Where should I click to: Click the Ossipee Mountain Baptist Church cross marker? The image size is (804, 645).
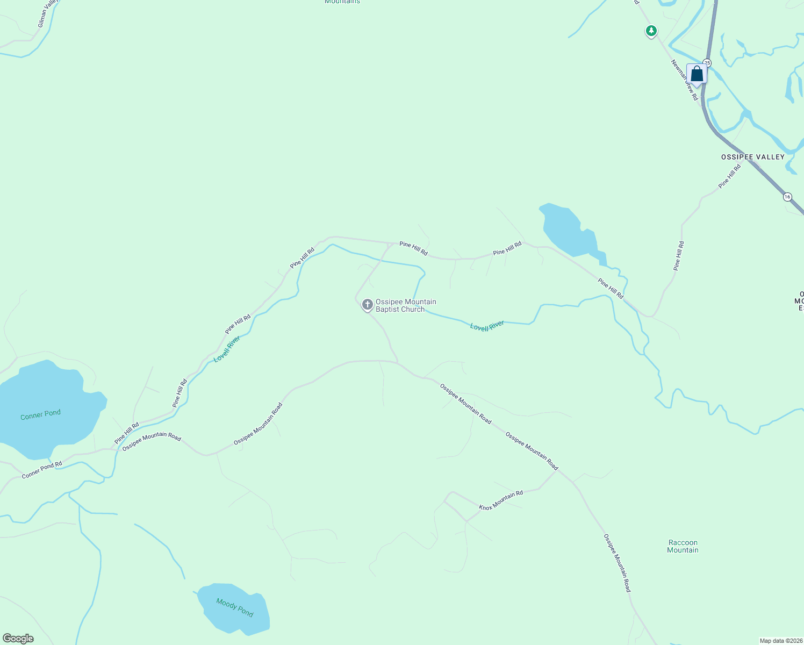(367, 305)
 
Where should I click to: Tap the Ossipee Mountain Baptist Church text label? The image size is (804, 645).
(406, 305)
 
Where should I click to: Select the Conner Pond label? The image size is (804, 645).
(40, 414)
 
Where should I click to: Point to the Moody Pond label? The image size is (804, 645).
(234, 607)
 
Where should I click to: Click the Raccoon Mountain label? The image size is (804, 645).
(683, 546)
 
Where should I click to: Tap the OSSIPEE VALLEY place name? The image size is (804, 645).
(752, 157)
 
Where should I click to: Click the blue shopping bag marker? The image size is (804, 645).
(697, 74)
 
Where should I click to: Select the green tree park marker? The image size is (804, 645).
(651, 31)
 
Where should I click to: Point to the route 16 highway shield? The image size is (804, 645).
(787, 197)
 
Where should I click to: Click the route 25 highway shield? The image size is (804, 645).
(707, 63)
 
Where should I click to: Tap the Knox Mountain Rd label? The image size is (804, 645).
(501, 500)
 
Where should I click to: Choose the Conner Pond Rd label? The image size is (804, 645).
(42, 470)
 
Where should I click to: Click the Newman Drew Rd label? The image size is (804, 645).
(684, 80)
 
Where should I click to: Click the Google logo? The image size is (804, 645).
(18, 639)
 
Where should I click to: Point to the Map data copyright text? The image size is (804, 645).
(780, 641)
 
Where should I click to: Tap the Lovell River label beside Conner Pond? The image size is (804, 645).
(227, 349)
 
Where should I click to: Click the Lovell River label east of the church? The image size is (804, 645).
(487, 326)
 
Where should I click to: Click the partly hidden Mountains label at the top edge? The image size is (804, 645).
(342, 2)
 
